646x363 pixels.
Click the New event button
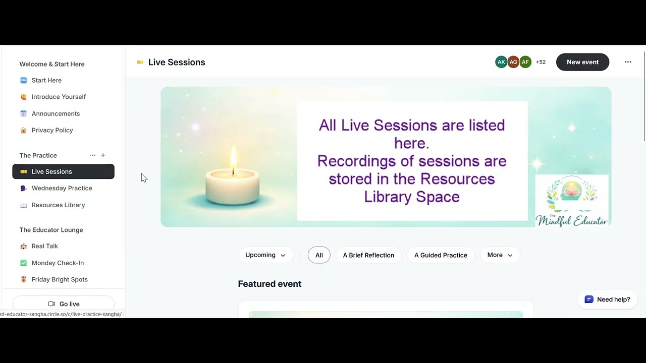(x=582, y=62)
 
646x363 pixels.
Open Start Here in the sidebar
(x=46, y=80)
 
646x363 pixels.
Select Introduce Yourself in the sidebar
(x=59, y=97)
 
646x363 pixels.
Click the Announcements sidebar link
(x=56, y=113)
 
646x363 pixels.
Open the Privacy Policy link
(x=52, y=130)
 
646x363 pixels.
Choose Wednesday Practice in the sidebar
(x=62, y=188)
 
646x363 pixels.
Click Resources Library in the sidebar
(x=58, y=205)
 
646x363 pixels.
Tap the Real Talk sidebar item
(x=44, y=246)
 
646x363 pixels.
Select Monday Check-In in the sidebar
(x=58, y=263)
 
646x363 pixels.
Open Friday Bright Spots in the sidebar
(x=60, y=279)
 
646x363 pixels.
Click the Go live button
(x=64, y=304)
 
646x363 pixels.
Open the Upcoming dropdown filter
(x=265, y=255)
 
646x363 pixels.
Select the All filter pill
(x=319, y=255)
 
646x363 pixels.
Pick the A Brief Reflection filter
(x=368, y=255)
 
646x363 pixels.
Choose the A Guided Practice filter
(x=441, y=255)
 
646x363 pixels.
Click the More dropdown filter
(x=500, y=255)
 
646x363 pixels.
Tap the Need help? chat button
(x=607, y=299)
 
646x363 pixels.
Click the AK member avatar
(x=501, y=62)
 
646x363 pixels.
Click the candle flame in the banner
(x=233, y=157)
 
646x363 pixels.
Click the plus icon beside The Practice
(x=103, y=155)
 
